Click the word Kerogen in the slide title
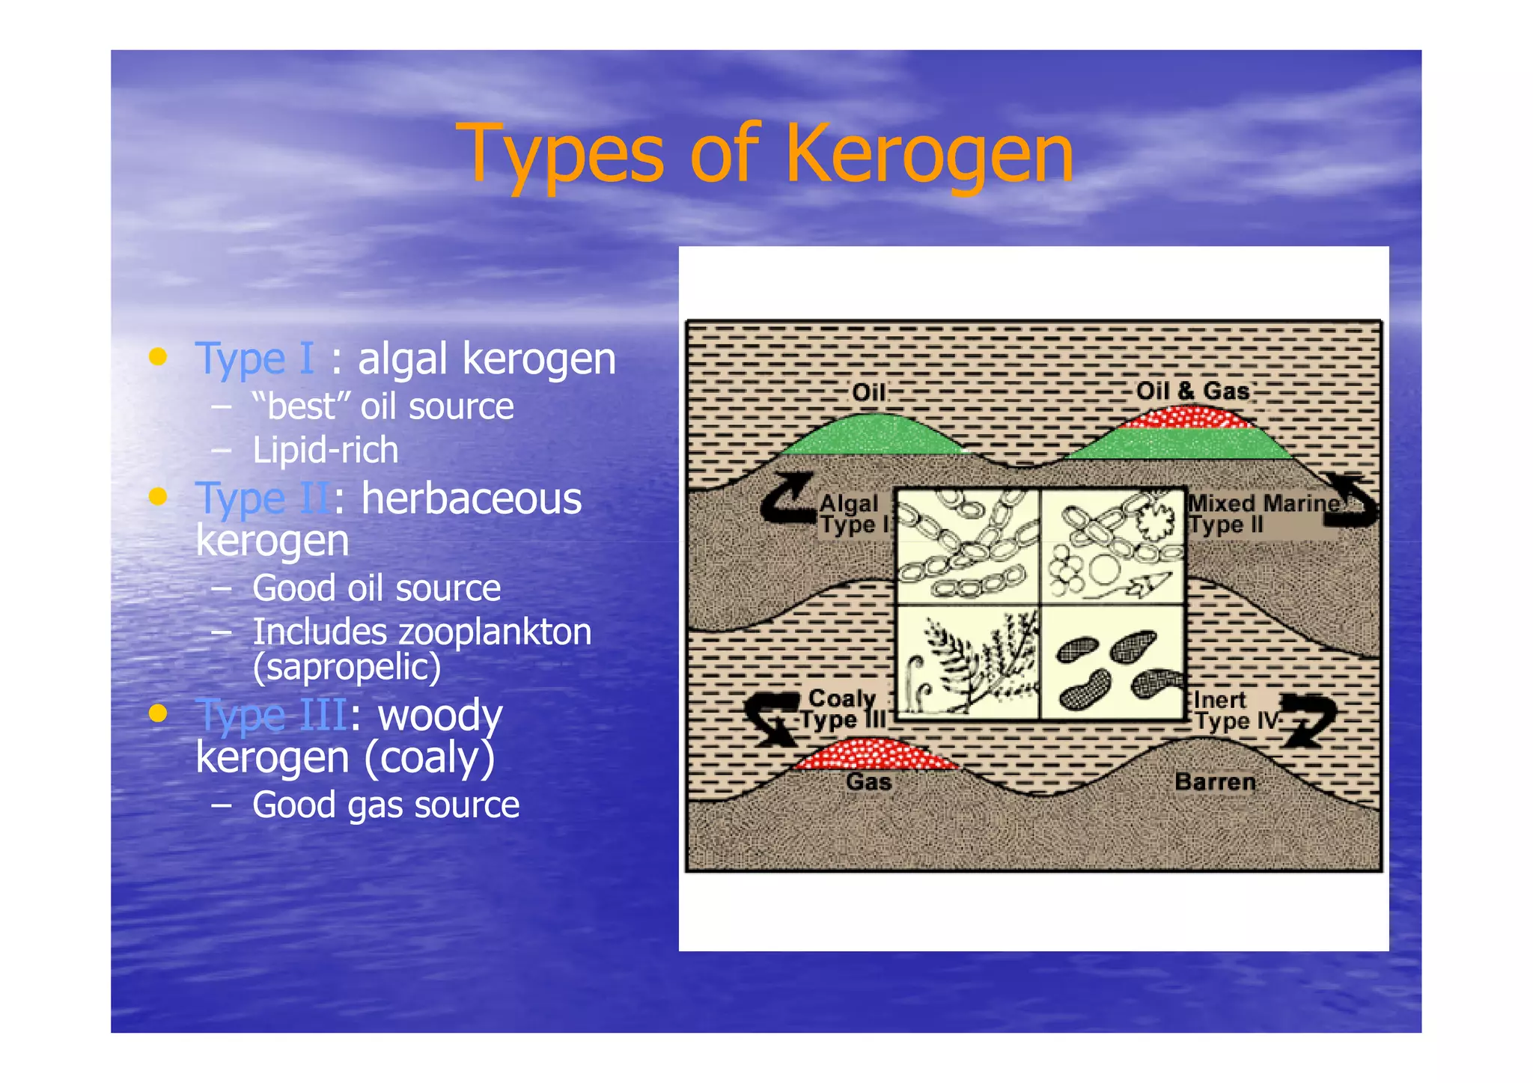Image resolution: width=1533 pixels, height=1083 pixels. coord(929,155)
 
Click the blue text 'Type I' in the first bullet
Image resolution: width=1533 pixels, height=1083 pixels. coord(254,359)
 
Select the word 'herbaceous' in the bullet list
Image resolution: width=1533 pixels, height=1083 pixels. coord(472,498)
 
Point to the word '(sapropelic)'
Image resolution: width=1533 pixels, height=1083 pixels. coord(347,667)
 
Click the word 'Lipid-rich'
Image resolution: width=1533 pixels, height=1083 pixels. coord(325,450)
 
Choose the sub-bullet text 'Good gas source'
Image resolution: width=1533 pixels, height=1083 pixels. coord(385,805)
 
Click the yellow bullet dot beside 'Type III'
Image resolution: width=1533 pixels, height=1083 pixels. coord(157,713)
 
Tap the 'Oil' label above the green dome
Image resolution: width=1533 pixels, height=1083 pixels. coord(868,392)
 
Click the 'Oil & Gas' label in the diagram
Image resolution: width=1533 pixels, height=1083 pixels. coord(1192,391)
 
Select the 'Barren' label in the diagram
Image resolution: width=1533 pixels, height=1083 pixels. coord(1215,781)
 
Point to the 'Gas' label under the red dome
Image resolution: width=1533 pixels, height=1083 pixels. coord(868,782)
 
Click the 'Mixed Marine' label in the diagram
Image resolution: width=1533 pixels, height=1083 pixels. coord(1264,503)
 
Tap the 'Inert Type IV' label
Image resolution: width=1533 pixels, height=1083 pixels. coord(1236,710)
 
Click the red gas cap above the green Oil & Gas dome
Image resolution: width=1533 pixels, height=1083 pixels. coord(1188,417)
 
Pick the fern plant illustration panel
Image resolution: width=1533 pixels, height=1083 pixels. coord(968,662)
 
